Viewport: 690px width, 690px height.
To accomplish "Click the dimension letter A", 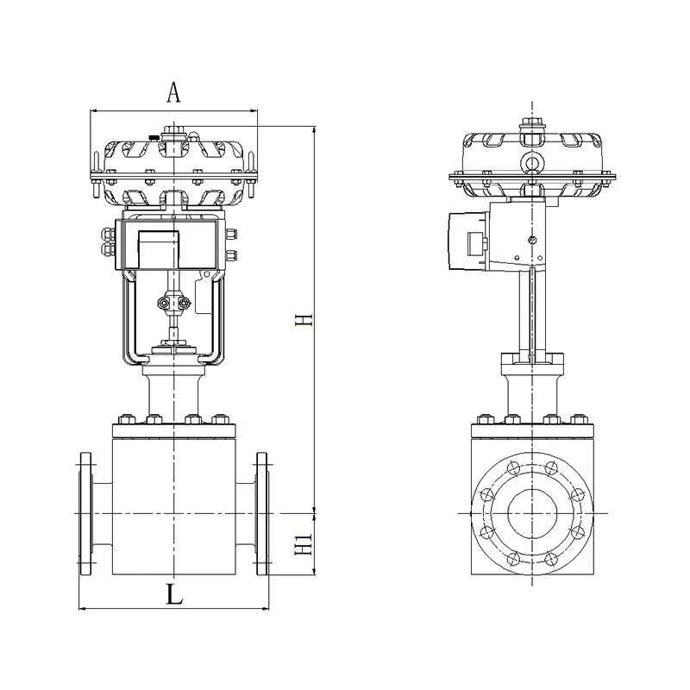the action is click(x=174, y=92).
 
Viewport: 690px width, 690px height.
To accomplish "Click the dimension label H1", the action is click(x=304, y=544).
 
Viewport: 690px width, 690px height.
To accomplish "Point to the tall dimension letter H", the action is click(x=304, y=320).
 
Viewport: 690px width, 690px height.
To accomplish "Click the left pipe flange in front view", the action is click(x=85, y=513).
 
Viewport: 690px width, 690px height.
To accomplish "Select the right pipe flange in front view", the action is click(x=262, y=513).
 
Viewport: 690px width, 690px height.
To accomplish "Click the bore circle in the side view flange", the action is click(x=532, y=513).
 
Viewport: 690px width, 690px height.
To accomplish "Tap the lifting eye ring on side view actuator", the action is click(x=531, y=160).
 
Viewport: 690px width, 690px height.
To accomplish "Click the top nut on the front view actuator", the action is click(x=174, y=131).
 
